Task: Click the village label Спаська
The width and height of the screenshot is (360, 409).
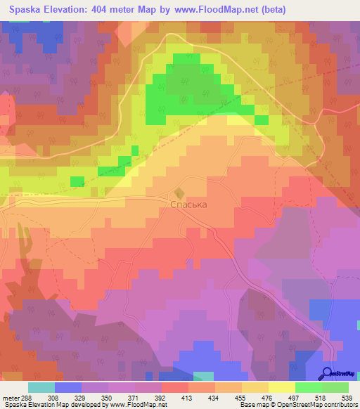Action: click(x=190, y=204)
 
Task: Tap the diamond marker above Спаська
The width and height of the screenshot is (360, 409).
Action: click(x=179, y=192)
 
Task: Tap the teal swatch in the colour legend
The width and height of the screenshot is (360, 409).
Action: click(x=41, y=387)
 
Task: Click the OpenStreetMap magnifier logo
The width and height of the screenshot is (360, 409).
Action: click(x=328, y=373)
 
